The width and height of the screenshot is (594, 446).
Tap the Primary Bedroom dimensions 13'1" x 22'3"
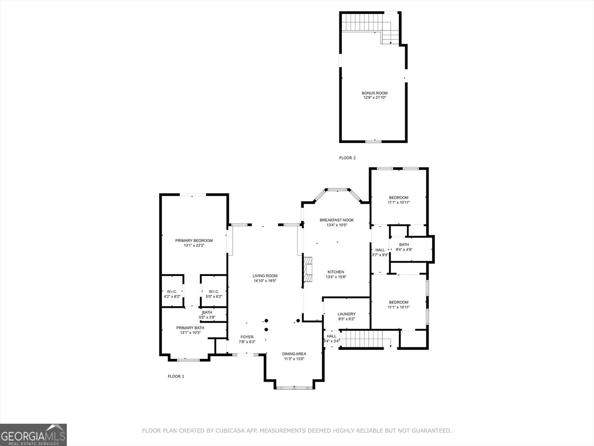click(194, 246)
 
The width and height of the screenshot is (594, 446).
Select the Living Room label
click(265, 276)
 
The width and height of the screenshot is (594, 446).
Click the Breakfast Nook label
click(337, 220)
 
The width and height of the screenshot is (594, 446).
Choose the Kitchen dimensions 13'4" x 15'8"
click(336, 277)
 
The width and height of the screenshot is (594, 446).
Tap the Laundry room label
click(346, 314)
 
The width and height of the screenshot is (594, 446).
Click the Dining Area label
click(294, 354)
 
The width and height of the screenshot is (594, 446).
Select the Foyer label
click(247, 337)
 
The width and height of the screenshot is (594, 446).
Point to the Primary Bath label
click(190, 328)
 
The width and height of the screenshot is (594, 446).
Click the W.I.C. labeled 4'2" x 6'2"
click(172, 292)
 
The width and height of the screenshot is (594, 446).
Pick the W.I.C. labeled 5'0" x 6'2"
click(214, 292)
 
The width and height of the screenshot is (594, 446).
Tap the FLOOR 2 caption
click(347, 158)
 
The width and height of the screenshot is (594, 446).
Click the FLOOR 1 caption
click(176, 376)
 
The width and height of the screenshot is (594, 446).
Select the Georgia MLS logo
click(33, 434)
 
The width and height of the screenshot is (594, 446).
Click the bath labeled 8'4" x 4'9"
click(404, 245)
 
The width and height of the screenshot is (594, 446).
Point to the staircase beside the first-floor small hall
click(362, 339)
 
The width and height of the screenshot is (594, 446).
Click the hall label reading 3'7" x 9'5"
click(380, 250)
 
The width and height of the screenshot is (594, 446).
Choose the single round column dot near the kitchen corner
click(298, 320)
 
